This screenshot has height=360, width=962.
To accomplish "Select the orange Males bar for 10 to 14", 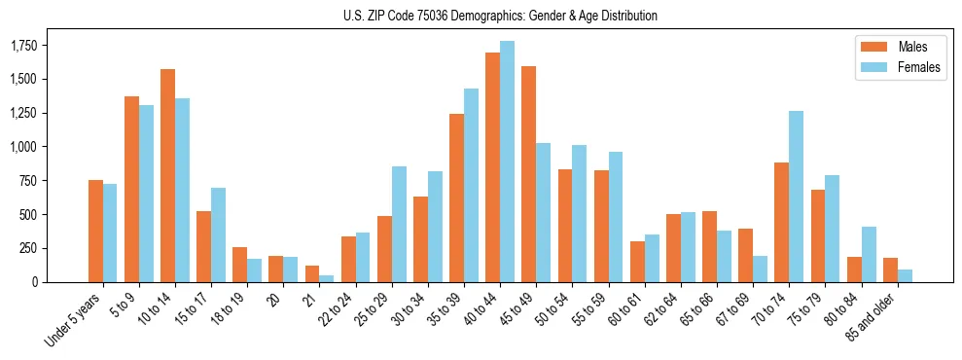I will (x=167, y=175).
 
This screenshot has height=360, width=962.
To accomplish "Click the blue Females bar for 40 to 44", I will (x=507, y=162).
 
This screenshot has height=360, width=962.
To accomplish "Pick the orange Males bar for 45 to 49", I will (x=528, y=174).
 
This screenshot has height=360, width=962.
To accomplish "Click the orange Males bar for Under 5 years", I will (x=95, y=231).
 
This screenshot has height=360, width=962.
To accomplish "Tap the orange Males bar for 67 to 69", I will (x=745, y=255).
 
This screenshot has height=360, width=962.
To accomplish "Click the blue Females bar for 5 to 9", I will (x=146, y=194).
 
